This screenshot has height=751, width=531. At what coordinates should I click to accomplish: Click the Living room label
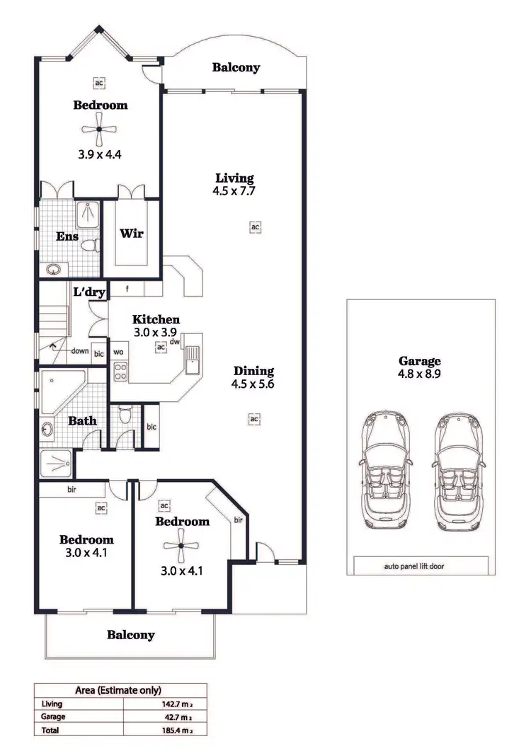(234, 178)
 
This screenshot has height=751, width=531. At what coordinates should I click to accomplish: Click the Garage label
(419, 361)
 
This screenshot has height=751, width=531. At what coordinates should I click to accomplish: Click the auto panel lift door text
(414, 567)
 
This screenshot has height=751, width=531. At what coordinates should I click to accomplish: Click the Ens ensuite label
(67, 236)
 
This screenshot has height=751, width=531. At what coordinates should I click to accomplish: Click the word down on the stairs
(79, 351)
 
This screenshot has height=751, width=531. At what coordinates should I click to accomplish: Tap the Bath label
(82, 420)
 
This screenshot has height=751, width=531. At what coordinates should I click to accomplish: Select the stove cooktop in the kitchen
(120, 371)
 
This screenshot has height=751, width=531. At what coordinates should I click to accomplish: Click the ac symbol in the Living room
(254, 227)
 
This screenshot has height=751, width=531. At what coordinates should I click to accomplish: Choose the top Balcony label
(236, 68)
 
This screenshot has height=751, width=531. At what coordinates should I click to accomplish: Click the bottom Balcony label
(130, 635)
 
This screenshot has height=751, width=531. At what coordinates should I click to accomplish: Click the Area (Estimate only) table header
(118, 690)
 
